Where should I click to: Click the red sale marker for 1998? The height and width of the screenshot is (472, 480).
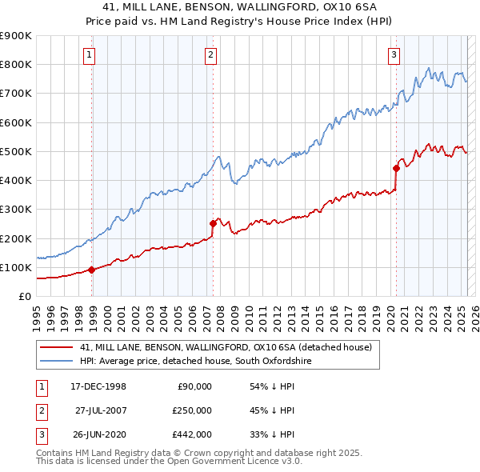pos(92,270)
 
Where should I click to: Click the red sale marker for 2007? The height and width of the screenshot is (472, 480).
pos(213,223)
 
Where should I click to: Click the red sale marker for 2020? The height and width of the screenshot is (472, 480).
pos(396,168)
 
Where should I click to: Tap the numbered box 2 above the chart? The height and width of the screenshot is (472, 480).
pos(210,55)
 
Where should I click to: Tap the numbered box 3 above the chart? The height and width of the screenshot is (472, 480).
pos(394,55)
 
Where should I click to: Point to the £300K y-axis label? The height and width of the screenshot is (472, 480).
pos(15,210)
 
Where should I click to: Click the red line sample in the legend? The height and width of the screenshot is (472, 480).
pos(56,347)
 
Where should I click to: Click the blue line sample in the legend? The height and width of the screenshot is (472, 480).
pos(56,362)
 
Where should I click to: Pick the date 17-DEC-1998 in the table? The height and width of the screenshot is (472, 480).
pos(98,386)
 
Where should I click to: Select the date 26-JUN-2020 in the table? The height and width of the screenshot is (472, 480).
pos(98,434)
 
